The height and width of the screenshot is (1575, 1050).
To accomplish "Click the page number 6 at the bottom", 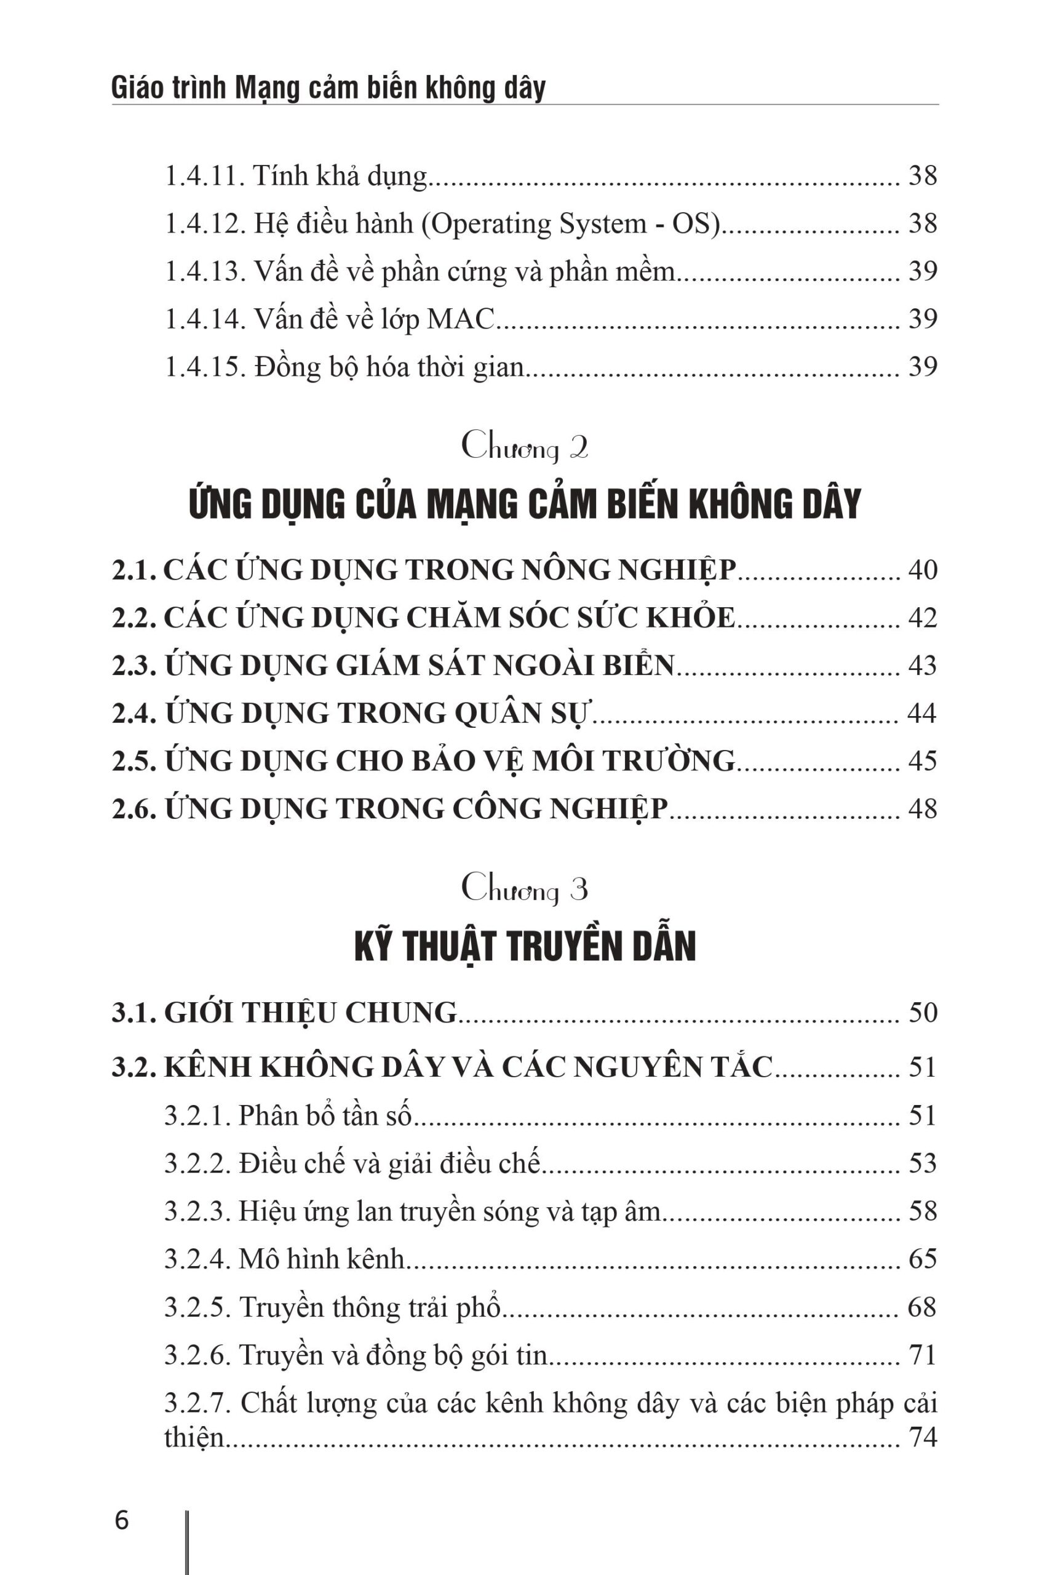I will click(x=122, y=1502).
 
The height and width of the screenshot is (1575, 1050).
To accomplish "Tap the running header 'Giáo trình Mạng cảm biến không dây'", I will click(x=328, y=89).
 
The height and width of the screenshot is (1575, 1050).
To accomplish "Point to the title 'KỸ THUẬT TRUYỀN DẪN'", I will click(x=525, y=946).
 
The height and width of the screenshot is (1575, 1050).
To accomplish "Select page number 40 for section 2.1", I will click(x=922, y=570).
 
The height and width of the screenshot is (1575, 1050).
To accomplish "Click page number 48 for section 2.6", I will click(x=922, y=809).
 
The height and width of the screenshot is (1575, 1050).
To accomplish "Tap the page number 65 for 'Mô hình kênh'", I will click(x=922, y=1259).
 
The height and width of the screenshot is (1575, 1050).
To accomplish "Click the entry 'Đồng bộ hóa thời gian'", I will click(x=388, y=367).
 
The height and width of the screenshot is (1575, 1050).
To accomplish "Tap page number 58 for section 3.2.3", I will click(x=922, y=1211).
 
